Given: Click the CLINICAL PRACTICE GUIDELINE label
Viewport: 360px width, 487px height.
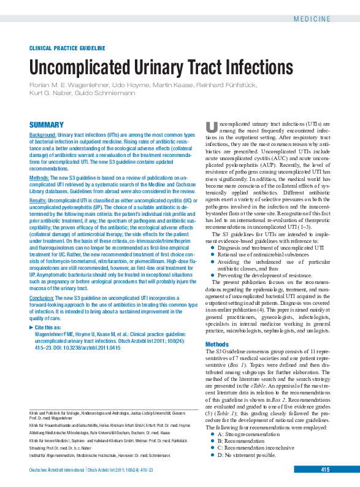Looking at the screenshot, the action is (x=67, y=48).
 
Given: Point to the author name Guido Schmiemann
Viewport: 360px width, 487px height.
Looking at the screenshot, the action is (x=115, y=93).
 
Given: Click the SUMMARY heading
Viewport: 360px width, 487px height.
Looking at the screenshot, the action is (x=47, y=125).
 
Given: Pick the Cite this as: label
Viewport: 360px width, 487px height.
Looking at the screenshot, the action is (x=52, y=329).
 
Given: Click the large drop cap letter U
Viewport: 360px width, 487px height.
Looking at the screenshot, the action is (x=211, y=127).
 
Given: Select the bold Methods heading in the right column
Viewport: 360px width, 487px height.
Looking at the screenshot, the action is (x=216, y=344).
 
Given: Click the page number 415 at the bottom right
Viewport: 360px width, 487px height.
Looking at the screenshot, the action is (x=325, y=470).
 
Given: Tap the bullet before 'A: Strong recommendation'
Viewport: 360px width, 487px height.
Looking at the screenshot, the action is (x=212, y=434).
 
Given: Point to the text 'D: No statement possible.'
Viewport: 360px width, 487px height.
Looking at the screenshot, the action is (x=247, y=455).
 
